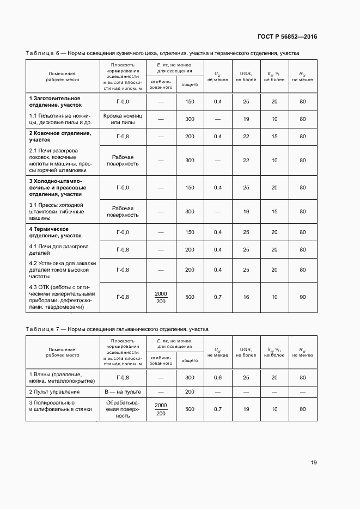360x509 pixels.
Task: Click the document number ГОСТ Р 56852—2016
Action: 286,37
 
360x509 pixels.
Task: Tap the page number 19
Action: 314,463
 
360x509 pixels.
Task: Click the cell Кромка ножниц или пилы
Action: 123,119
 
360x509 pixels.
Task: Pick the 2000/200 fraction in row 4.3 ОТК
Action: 161,297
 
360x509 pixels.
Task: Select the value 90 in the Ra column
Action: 302,297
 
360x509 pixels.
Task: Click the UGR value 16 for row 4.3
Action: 246,297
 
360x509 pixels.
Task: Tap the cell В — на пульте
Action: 123,392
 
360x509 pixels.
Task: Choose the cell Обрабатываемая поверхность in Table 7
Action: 123,409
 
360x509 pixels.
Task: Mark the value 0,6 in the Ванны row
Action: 218,377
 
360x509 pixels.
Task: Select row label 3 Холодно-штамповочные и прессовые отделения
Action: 57,187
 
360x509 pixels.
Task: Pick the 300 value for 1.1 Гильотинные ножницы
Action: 190,119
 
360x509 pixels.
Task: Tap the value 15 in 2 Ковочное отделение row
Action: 274,136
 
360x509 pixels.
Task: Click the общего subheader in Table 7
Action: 190,360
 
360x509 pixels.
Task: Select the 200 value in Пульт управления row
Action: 190,392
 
